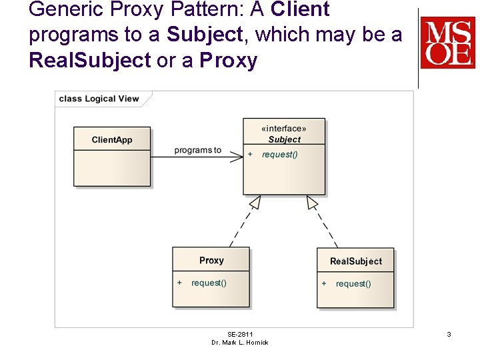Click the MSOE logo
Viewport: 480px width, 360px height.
tap(447, 43)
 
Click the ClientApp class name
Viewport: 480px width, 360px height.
tap(112, 140)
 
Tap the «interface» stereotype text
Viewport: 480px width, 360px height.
tap(284, 129)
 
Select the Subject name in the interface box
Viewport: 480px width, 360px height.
tap(284, 139)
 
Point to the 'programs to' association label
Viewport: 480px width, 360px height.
tap(197, 150)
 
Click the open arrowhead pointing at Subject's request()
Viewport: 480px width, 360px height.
tap(237, 156)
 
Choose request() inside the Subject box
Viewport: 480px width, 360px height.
tap(280, 155)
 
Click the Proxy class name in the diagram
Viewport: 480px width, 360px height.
tap(211, 261)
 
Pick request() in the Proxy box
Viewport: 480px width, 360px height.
tap(209, 283)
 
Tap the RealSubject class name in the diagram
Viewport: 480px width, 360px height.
tap(356, 261)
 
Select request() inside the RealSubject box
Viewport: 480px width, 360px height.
tap(353, 283)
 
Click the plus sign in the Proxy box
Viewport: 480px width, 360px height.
tap(179, 283)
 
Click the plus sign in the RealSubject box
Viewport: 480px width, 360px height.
tap(324, 283)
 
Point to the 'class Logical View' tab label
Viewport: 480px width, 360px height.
tap(99, 99)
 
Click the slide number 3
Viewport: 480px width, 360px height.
tap(449, 334)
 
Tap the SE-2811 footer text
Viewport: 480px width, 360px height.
tap(240, 334)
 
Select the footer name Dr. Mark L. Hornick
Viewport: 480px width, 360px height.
tap(240, 342)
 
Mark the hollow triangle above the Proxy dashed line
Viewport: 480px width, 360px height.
tap(254, 203)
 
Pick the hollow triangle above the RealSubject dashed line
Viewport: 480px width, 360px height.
tap(312, 202)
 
